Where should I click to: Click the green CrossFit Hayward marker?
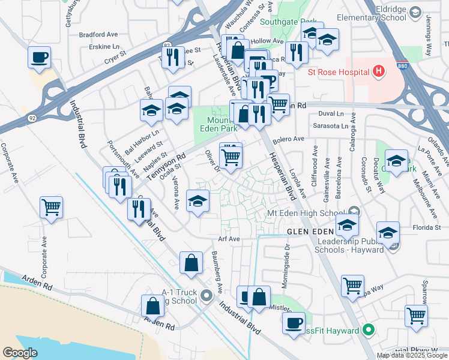pos(369,331)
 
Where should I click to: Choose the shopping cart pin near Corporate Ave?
pos(52,208)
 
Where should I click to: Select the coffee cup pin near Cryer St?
pos(39,58)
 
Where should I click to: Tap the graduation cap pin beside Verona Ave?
pos(197,201)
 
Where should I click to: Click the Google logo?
pos(20,352)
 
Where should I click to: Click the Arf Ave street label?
pos(229,238)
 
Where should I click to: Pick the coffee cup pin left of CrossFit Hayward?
pos(294,323)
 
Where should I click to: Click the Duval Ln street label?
pos(331,113)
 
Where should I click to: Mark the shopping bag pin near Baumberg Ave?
pos(191,262)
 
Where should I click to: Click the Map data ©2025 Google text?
pos(412,355)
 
